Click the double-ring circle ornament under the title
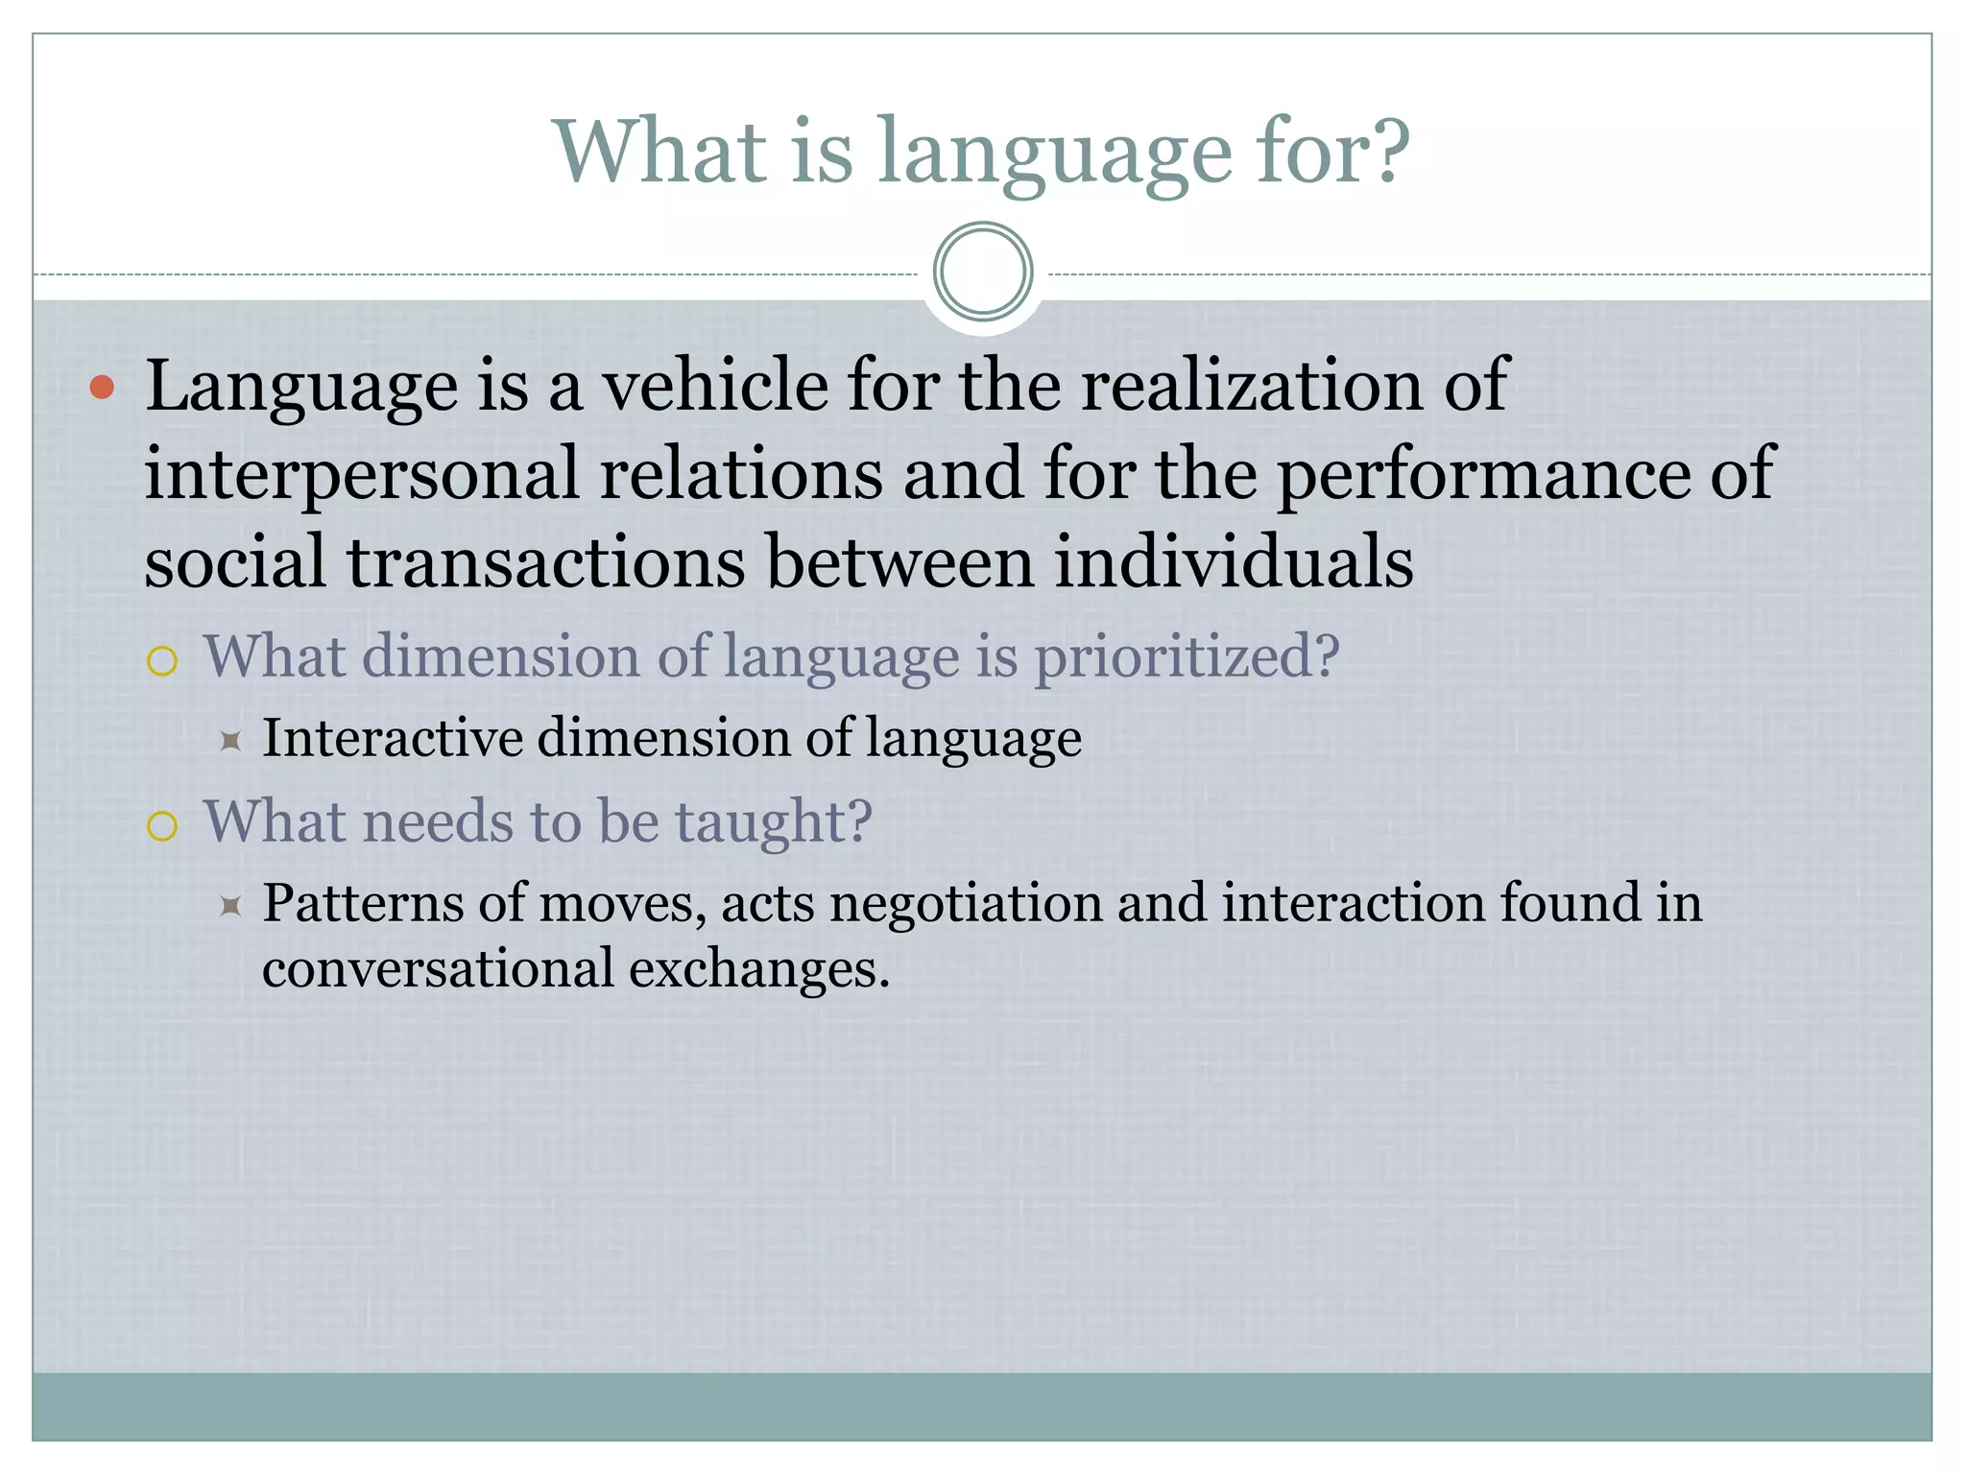[x=983, y=272]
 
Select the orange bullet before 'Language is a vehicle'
[x=102, y=388]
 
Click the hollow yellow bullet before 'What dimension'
[x=162, y=661]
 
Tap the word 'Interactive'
[x=393, y=738]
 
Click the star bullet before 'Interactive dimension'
[x=229, y=741]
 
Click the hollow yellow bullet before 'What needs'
[x=162, y=826]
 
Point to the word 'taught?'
[x=774, y=822]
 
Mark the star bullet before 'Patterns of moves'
[x=229, y=905]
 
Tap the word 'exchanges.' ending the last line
[x=759, y=968]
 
